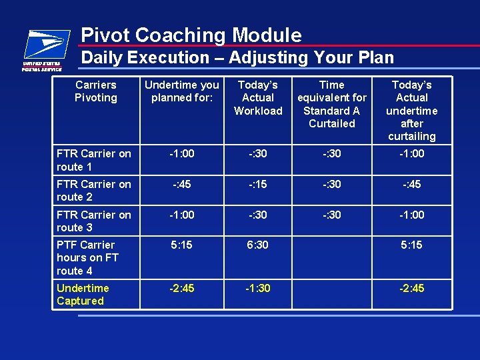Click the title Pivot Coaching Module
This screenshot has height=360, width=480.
tap(191, 35)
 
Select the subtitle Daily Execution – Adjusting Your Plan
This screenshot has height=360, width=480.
tap(237, 58)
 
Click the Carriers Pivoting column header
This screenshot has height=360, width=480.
tap(95, 91)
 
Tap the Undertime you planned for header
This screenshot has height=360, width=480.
tap(181, 91)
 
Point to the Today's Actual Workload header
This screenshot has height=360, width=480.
tap(258, 97)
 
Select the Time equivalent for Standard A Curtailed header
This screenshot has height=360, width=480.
tap(332, 104)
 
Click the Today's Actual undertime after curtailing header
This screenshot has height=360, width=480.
tap(412, 110)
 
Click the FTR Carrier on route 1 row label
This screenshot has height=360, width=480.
tap(94, 160)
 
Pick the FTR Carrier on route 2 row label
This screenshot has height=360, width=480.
tap(94, 191)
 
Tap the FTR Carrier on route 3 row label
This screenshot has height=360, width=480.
tap(94, 221)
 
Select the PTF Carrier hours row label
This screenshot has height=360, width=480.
tap(86, 257)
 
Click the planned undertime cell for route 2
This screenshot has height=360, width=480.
tap(181, 185)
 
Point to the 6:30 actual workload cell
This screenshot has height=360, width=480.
tap(257, 245)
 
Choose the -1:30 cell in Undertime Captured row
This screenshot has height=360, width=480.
tap(257, 289)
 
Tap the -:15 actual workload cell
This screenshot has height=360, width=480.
tap(257, 185)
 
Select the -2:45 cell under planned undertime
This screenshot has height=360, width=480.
tap(181, 289)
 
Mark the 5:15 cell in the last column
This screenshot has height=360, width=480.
tap(412, 245)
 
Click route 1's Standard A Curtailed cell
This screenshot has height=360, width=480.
tap(332, 154)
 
